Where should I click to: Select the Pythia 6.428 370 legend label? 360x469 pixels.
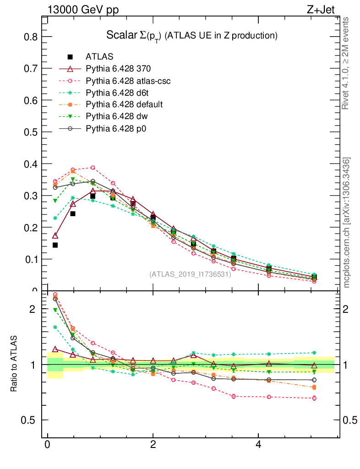pos(118,69)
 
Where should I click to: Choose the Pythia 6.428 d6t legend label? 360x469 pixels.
pos(118,93)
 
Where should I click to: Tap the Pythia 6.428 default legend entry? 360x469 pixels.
pos(124,104)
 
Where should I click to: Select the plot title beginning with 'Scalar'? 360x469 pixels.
pos(192,35)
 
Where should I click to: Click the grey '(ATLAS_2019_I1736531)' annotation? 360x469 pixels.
pos(190,274)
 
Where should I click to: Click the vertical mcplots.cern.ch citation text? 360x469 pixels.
pos(347,223)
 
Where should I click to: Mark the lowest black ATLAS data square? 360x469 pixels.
pos(314,277)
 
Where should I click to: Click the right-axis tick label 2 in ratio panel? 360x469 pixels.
pos(350,309)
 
